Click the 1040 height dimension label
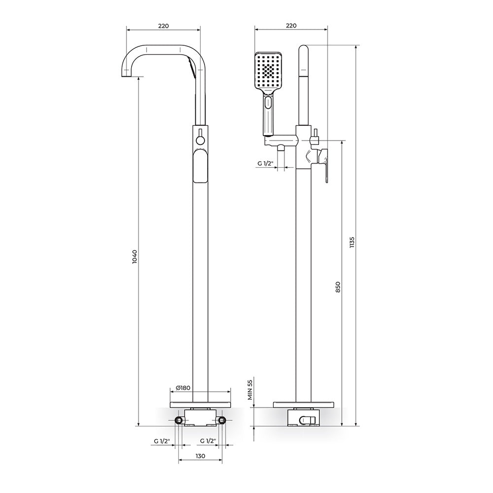(135, 256)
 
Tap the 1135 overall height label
(352, 243)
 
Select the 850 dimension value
(338, 287)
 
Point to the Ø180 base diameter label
(183, 388)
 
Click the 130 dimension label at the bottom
(200, 456)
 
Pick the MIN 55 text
(250, 389)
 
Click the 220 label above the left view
(164, 26)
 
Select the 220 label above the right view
(291, 26)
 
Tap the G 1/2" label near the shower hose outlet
(266, 164)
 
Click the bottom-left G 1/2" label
(162, 441)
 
